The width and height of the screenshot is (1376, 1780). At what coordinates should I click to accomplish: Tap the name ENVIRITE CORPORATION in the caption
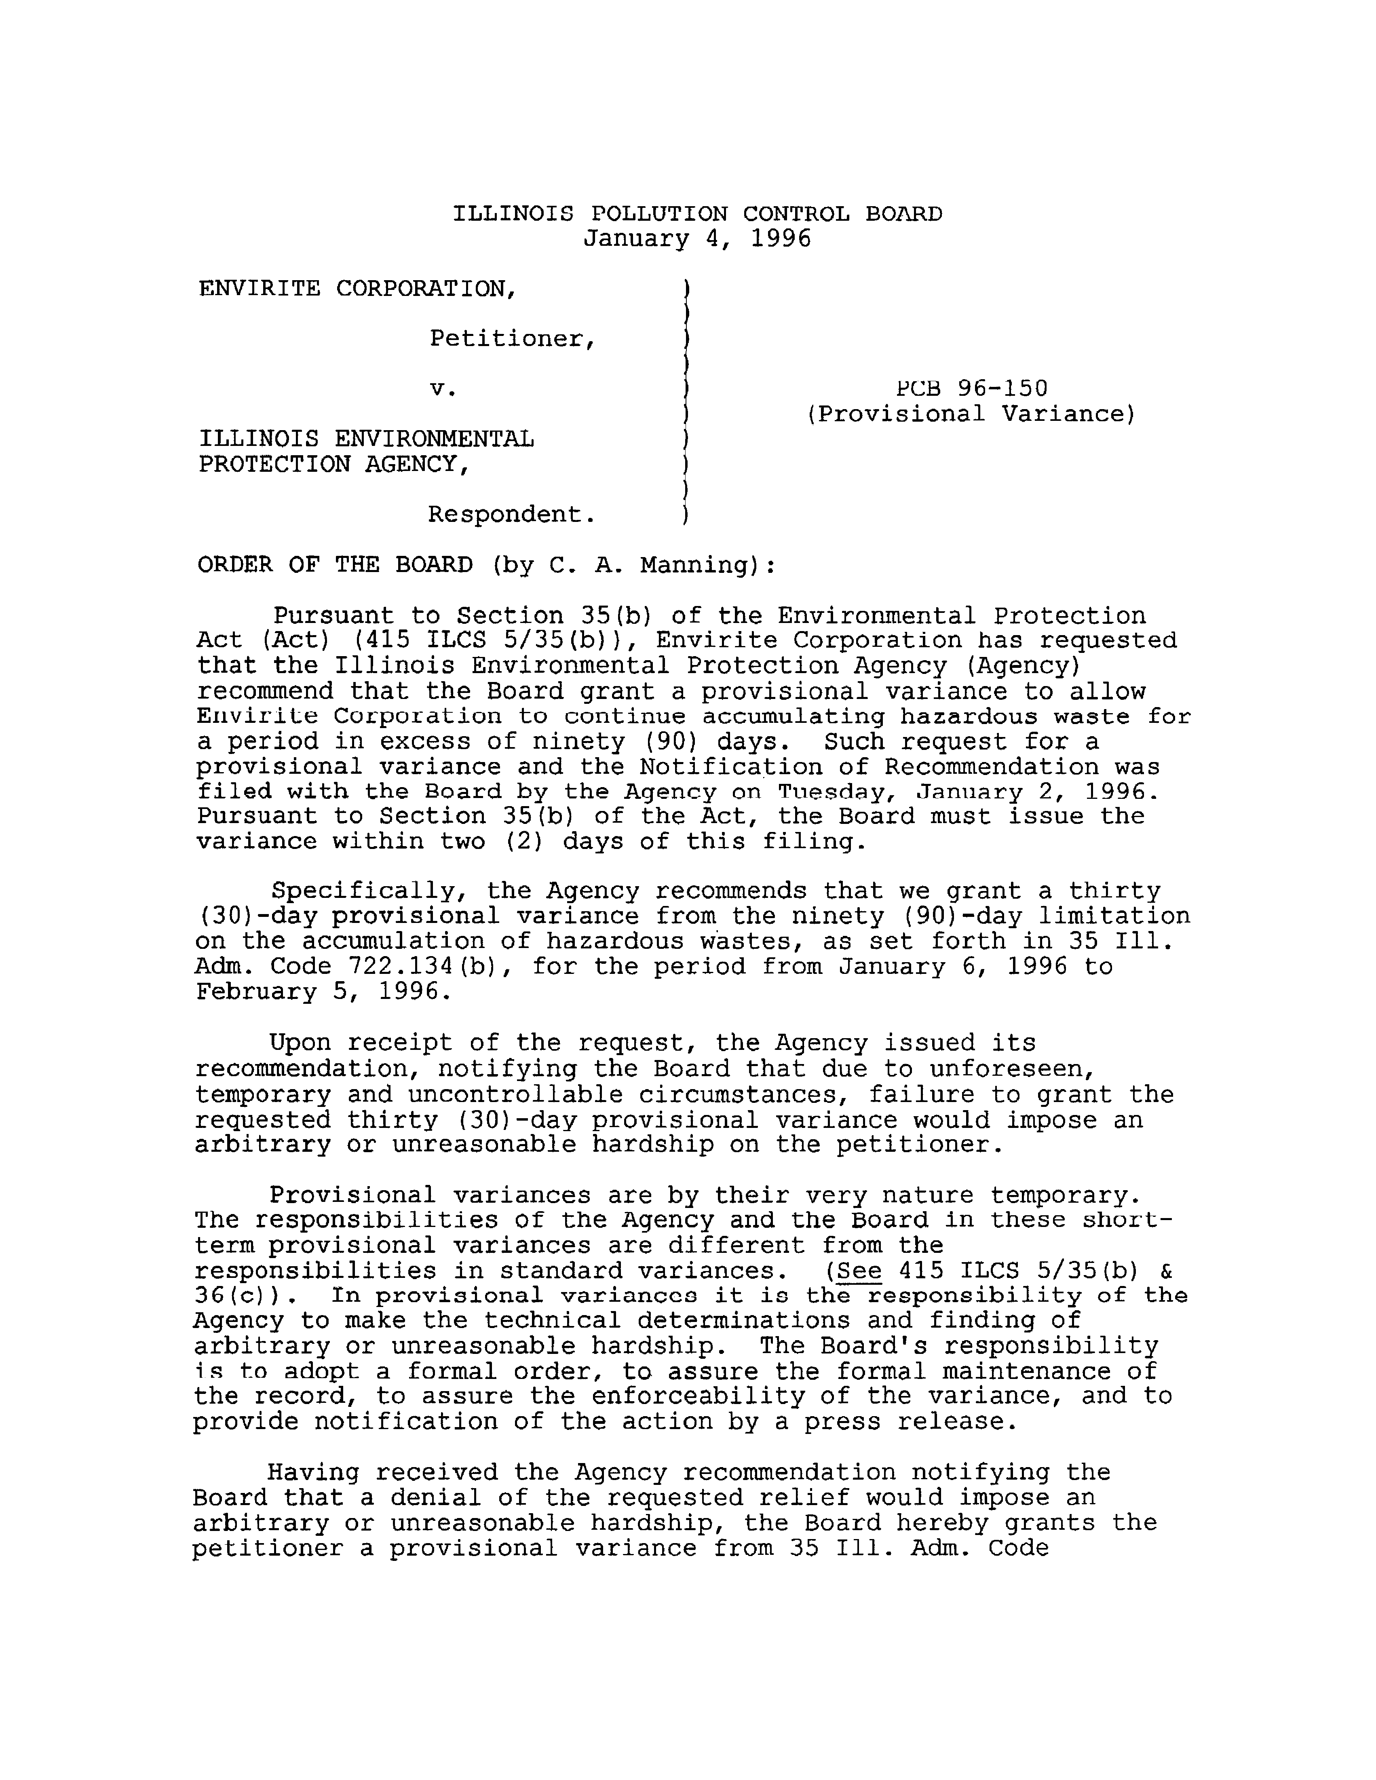pyautogui.click(x=356, y=289)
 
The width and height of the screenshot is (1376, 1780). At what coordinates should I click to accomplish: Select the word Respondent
pyautogui.click(x=511, y=515)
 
